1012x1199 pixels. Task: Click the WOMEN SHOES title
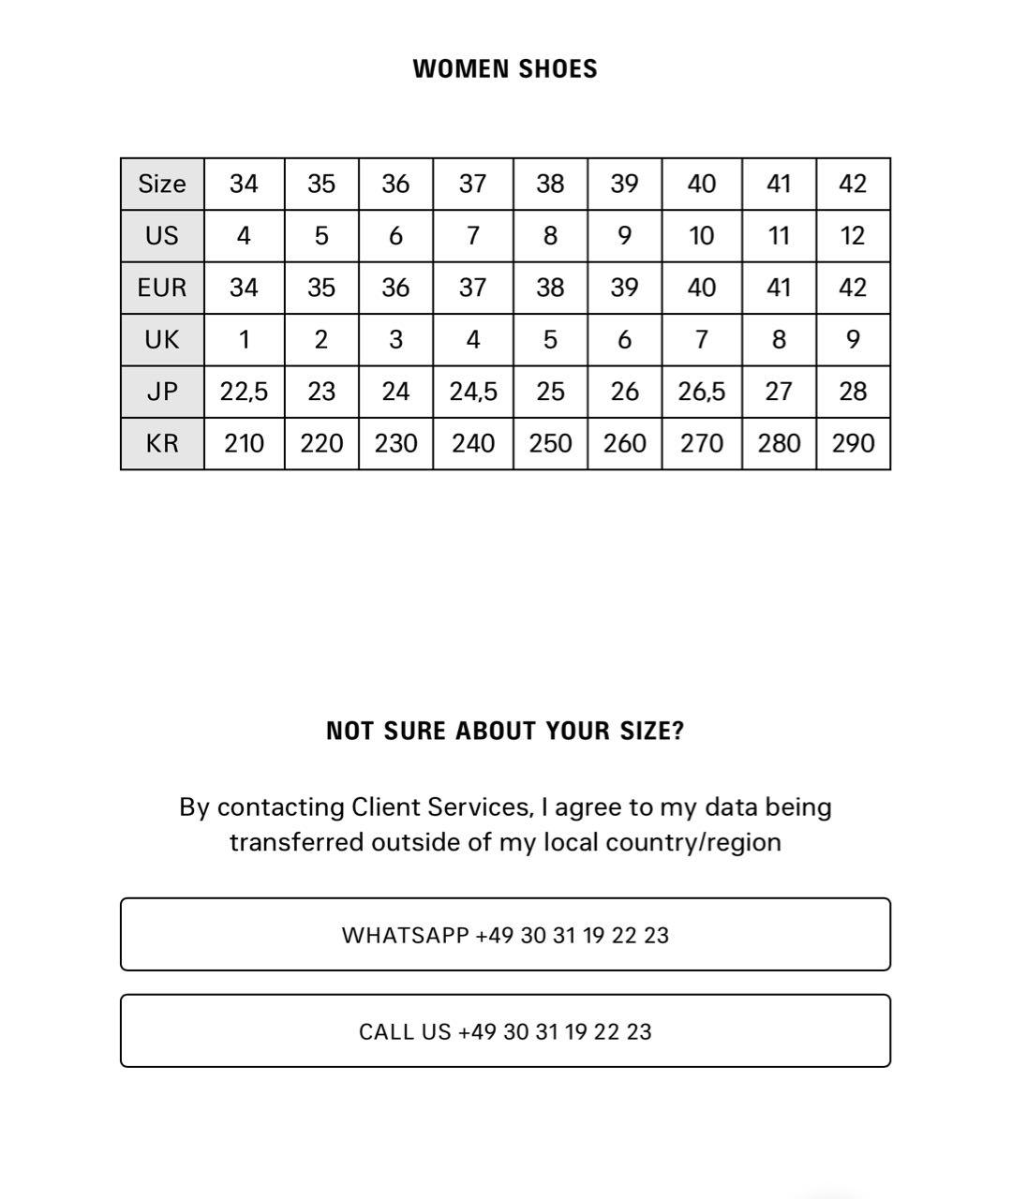click(x=505, y=69)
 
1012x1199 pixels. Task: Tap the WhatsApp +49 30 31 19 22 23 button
click(x=505, y=935)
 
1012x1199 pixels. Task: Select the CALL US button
click(x=505, y=1031)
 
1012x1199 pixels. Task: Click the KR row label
click(x=162, y=443)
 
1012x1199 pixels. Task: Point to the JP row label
click(x=162, y=392)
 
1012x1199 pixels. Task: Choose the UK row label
click(x=162, y=339)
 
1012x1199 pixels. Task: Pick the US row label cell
click(x=162, y=236)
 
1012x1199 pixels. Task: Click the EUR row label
click(x=162, y=288)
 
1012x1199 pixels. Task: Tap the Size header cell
click(x=162, y=184)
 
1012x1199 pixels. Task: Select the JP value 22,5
click(x=244, y=392)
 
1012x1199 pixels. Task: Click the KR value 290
click(x=853, y=443)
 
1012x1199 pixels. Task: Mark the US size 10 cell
click(x=701, y=236)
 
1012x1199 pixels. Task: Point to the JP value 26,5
click(x=701, y=392)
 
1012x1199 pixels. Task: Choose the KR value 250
click(x=550, y=443)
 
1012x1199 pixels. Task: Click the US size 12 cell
click(x=853, y=236)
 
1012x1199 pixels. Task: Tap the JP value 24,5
click(x=472, y=392)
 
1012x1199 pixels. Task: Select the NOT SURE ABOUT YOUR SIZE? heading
click(x=505, y=732)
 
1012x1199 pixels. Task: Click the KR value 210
click(x=244, y=443)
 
